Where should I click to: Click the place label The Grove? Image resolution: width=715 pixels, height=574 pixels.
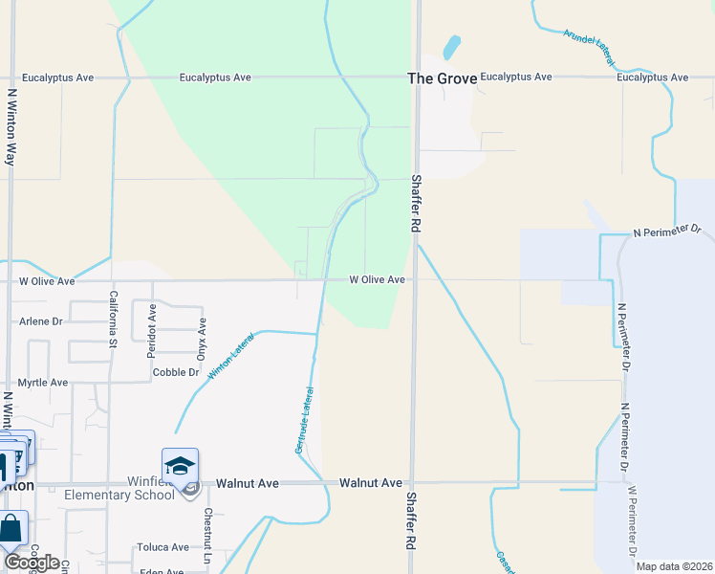click(x=442, y=78)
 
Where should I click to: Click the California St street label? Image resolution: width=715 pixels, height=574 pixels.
click(x=113, y=317)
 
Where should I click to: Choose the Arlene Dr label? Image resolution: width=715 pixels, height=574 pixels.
click(x=40, y=321)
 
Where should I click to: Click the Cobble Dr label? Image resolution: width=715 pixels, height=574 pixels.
click(x=175, y=372)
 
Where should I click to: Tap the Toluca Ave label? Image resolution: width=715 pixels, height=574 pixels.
click(x=162, y=547)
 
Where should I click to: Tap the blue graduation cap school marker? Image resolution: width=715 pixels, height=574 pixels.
click(x=180, y=466)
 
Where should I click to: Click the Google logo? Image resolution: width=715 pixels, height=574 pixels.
click(x=32, y=563)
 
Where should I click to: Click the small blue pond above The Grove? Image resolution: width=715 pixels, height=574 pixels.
click(x=451, y=47)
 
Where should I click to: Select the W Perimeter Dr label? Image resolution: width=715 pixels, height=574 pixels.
click(x=632, y=520)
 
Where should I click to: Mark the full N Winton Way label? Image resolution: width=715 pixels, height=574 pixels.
click(x=11, y=127)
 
